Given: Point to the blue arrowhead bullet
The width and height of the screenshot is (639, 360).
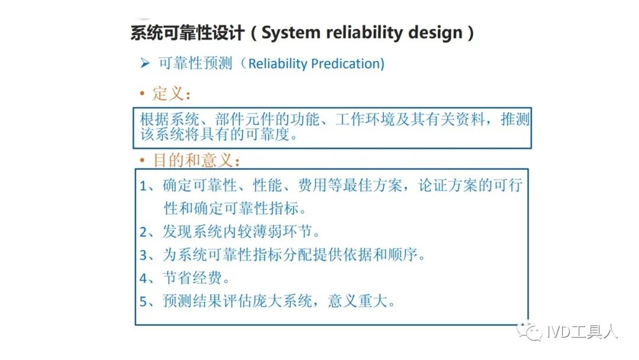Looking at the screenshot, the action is click(x=145, y=63).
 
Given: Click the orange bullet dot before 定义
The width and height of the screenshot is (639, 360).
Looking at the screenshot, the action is click(x=142, y=94).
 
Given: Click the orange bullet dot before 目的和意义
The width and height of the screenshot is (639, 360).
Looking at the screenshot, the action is click(x=142, y=160).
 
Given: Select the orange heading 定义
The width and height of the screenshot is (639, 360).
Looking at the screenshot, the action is click(x=168, y=94).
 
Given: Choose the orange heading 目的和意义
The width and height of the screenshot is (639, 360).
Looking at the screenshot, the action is click(x=193, y=160).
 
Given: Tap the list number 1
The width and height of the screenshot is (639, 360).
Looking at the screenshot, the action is click(x=143, y=186).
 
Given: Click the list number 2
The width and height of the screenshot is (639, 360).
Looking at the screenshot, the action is click(x=143, y=232).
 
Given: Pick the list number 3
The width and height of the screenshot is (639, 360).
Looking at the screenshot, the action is click(x=143, y=255).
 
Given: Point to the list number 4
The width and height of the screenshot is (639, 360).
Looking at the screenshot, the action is click(x=143, y=278).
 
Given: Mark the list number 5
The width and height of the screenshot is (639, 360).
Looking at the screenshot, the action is click(x=143, y=301).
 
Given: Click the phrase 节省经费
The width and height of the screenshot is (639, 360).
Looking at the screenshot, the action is click(x=192, y=278).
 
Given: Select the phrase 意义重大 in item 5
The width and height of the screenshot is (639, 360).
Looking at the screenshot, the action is click(x=357, y=301).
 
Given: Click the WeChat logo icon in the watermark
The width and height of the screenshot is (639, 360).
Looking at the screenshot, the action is click(x=530, y=331).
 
